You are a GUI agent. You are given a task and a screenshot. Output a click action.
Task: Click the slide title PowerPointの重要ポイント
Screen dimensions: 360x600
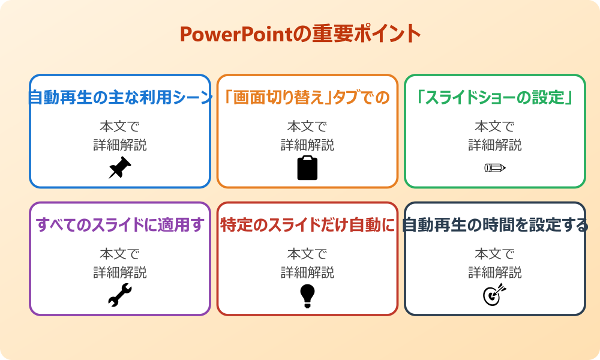pyautogui.click(x=300, y=34)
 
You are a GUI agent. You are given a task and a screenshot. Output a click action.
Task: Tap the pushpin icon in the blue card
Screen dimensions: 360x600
pyautogui.click(x=120, y=168)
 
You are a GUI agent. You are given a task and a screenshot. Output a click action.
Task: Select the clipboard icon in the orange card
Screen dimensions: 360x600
pyautogui.click(x=307, y=168)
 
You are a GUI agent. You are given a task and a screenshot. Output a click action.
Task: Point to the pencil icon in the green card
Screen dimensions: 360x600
pyautogui.click(x=495, y=168)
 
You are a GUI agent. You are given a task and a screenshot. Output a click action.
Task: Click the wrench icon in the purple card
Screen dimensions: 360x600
pyautogui.click(x=120, y=295)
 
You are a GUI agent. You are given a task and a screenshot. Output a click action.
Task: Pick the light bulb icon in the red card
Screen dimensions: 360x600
pyautogui.click(x=307, y=295)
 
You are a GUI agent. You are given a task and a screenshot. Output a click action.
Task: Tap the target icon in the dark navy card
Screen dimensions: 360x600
pyautogui.click(x=495, y=295)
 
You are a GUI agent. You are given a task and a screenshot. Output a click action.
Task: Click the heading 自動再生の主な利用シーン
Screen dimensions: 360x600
pyautogui.click(x=120, y=98)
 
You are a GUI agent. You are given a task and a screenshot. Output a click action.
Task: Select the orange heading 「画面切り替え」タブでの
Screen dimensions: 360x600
pyautogui.click(x=307, y=98)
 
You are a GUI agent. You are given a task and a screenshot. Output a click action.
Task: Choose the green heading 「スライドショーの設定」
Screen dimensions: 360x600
pyautogui.click(x=495, y=98)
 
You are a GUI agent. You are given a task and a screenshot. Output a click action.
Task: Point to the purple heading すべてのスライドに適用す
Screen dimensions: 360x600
pyautogui.click(x=120, y=225)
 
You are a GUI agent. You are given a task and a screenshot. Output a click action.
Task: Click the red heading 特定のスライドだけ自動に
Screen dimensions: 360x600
pyautogui.click(x=307, y=225)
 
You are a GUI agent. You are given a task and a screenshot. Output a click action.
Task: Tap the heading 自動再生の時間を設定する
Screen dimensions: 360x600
pyautogui.click(x=495, y=225)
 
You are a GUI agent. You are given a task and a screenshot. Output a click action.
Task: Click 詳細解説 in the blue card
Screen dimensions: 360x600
pyautogui.click(x=120, y=145)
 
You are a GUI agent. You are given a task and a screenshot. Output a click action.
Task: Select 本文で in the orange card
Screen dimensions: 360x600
pyautogui.click(x=307, y=127)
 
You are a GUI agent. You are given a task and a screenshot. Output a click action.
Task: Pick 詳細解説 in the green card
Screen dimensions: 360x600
pyautogui.click(x=495, y=145)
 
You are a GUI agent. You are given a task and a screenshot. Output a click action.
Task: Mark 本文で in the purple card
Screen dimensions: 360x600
pyautogui.click(x=120, y=254)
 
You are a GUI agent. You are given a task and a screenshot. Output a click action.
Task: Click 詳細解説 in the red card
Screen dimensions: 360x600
pyautogui.click(x=307, y=272)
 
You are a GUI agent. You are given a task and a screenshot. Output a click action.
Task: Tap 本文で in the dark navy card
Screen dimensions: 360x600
pyautogui.click(x=495, y=254)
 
